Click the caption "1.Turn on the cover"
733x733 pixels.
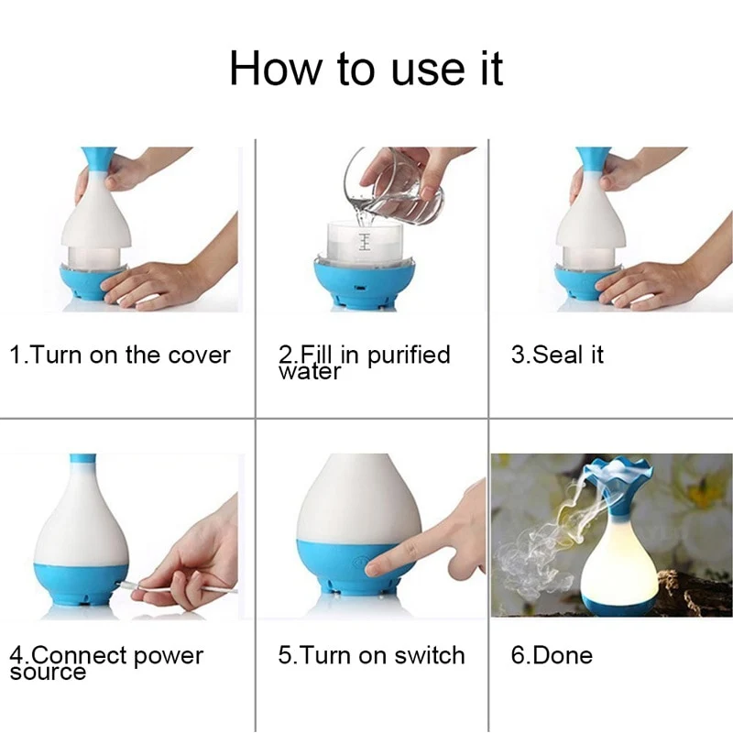[120, 355]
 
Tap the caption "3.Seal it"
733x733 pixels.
[557, 355]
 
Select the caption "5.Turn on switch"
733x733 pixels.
[372, 655]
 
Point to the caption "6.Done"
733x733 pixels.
[552, 655]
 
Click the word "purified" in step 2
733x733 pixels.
[409, 356]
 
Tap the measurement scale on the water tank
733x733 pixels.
[365, 241]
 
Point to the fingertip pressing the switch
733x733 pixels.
[377, 568]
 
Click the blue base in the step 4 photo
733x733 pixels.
[81, 585]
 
